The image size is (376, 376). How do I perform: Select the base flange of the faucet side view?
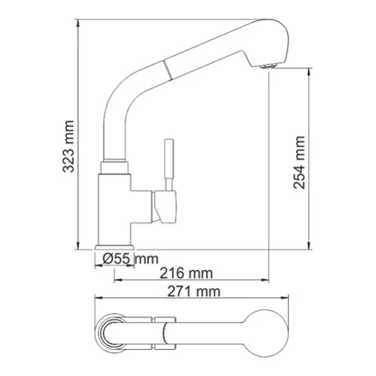tap(115, 247)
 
